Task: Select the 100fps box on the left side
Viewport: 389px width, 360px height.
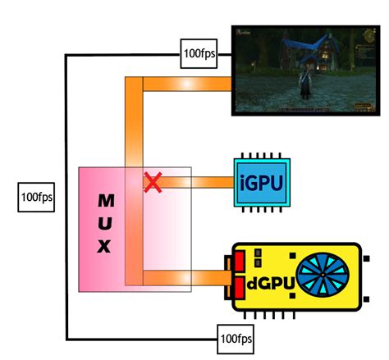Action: coord(36,198)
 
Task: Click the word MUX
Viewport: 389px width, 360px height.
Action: coord(106,223)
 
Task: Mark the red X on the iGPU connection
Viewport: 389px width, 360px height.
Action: coord(151,182)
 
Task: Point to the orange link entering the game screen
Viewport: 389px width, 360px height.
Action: coord(188,84)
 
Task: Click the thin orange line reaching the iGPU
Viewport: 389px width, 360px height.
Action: coord(197,182)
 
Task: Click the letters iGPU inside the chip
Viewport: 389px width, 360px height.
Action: coord(262,181)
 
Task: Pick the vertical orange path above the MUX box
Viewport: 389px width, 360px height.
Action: coord(134,123)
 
